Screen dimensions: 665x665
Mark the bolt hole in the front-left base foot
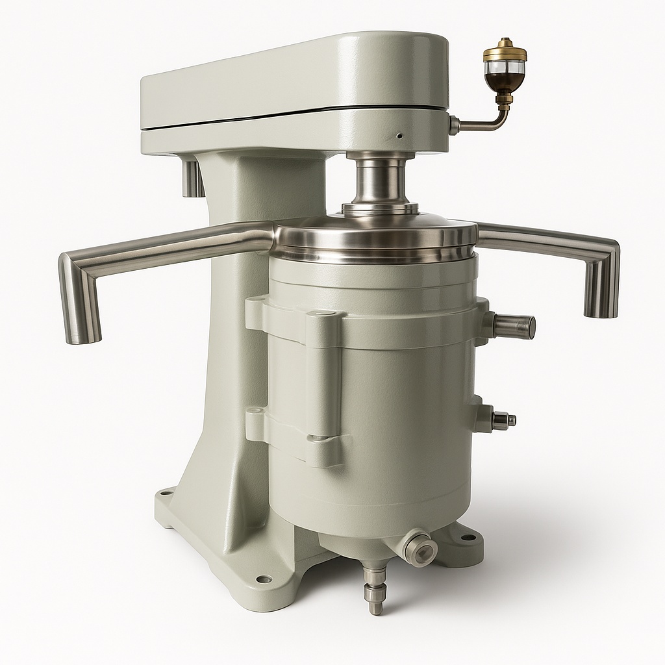pyautogui.click(x=263, y=579)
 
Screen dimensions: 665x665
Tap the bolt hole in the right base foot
pyautogui.click(x=467, y=537)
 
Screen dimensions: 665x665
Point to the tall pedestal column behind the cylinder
pyautogui.click(x=224, y=364)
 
